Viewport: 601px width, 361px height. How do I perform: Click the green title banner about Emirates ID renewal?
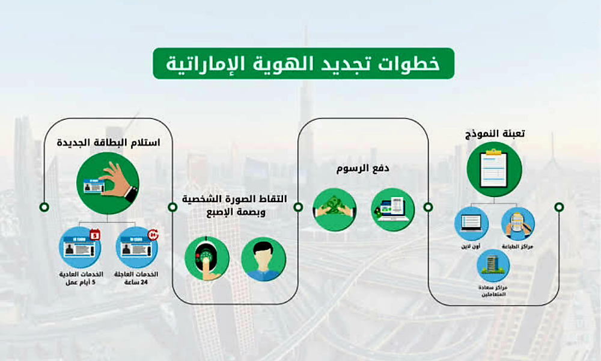pyautogui.click(x=303, y=64)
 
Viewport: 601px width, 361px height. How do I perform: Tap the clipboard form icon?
pyautogui.click(x=494, y=170)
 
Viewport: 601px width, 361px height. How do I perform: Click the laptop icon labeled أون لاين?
pyautogui.click(x=471, y=223)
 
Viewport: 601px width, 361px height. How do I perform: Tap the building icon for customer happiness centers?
pyautogui.click(x=493, y=265)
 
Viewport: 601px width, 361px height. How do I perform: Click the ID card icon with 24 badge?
pyautogui.click(x=139, y=246)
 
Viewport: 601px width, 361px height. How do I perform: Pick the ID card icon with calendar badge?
pyautogui.click(x=80, y=246)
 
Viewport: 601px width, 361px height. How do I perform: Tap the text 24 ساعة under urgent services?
pyautogui.click(x=139, y=283)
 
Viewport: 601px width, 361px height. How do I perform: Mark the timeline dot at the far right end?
pyautogui.click(x=559, y=207)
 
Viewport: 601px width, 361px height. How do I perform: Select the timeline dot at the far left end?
pyautogui.click(x=44, y=207)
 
